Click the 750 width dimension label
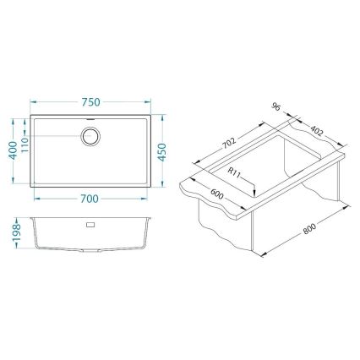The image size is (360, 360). click(x=91, y=101)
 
